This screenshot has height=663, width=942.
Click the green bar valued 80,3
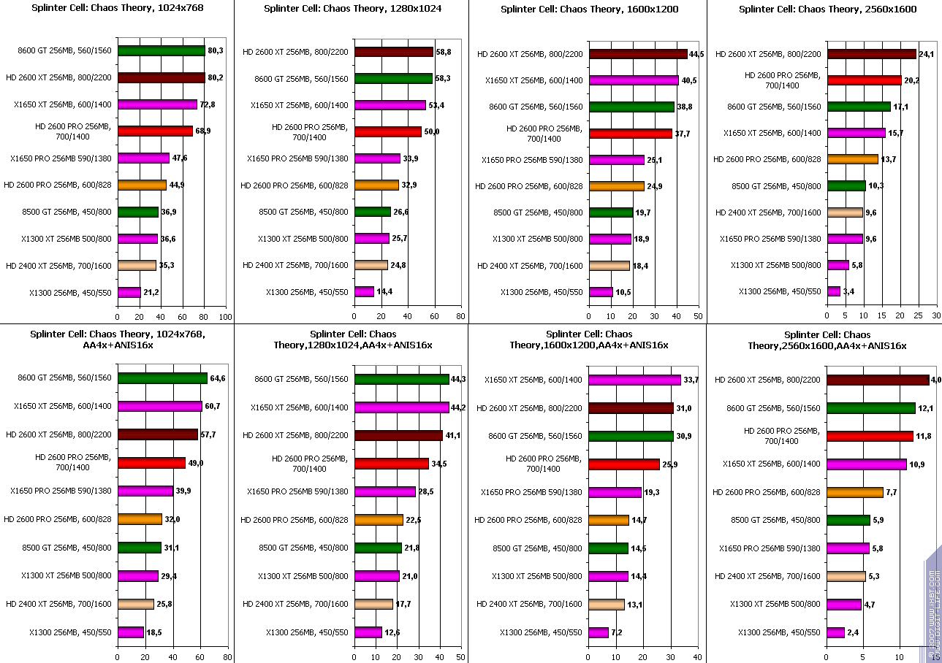[161, 51]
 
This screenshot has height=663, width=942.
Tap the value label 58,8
[444, 52]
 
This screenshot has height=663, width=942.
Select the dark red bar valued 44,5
[637, 54]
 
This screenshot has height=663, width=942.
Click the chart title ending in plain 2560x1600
[827, 9]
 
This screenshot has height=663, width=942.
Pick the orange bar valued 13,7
[852, 159]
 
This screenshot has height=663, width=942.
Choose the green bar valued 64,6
[162, 378]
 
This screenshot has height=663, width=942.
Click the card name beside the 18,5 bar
[71, 632]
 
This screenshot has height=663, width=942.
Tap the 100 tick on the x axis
[225, 317]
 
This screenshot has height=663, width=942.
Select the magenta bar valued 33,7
[634, 380]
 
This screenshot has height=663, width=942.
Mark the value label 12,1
[925, 408]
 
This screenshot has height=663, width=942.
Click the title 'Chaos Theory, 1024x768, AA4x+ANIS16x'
[117, 339]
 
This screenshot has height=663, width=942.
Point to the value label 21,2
[151, 293]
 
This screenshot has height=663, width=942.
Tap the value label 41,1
[454, 435]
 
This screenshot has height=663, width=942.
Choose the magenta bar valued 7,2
[598, 632]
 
